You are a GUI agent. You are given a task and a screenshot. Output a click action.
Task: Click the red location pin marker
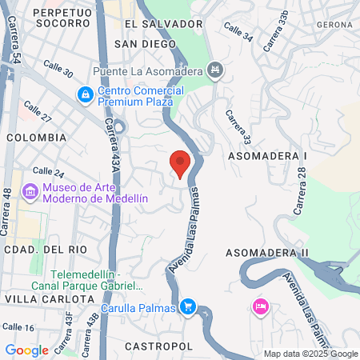(x=181, y=162)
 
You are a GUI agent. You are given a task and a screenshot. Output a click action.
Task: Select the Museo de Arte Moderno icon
(x=30, y=192)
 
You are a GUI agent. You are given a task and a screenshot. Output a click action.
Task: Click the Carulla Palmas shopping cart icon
(x=188, y=306)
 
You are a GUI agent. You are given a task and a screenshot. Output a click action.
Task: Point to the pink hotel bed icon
(x=259, y=306)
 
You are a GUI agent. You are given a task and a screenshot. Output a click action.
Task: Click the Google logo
(x=26, y=350)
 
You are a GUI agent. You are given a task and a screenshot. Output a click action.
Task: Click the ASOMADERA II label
(x=266, y=253)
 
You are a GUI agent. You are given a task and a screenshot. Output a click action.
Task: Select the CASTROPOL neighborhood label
(x=158, y=346)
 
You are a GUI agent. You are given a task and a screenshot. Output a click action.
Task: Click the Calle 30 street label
(x=57, y=70)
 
